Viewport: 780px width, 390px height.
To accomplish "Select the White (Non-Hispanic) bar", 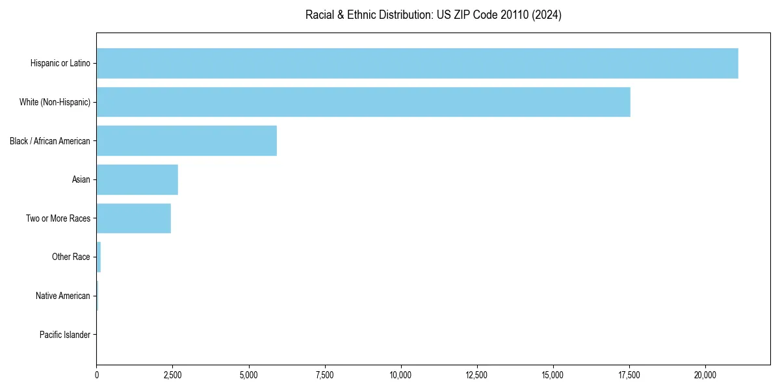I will point(363,102).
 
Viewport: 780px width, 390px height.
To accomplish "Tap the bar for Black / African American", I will point(187,141).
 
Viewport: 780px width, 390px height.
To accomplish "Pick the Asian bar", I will point(137,179).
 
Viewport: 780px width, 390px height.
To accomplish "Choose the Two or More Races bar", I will point(134,218).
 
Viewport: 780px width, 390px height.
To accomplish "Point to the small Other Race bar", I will point(99,257).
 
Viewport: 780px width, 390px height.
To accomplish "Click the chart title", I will point(434,14).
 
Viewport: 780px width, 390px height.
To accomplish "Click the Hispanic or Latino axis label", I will point(60,63).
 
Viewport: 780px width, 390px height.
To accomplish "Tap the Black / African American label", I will point(50,141).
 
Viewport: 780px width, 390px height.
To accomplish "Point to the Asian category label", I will point(81,179).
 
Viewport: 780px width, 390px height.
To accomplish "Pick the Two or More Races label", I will point(58,218).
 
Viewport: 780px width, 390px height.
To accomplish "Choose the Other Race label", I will point(71,257).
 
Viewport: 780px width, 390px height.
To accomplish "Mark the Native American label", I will point(63,296).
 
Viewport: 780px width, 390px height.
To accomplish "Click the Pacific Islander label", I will point(65,335).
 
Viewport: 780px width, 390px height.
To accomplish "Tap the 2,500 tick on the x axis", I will point(172,375).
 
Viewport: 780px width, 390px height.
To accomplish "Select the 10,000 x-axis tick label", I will point(401,375).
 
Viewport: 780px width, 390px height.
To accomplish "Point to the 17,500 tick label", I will point(629,375).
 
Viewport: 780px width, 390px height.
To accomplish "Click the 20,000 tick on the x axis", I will point(705,375).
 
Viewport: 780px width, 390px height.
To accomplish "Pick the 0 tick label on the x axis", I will point(97,375).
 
